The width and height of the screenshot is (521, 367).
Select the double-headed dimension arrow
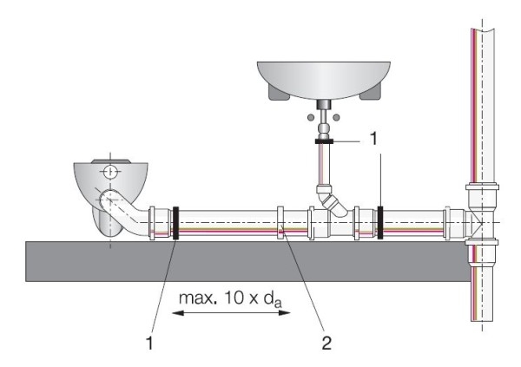click(x=231, y=314)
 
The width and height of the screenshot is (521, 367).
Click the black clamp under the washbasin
click(x=324, y=139)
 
